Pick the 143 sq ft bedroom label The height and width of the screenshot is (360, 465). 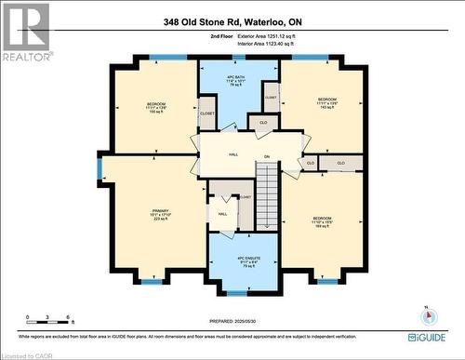point(327,101)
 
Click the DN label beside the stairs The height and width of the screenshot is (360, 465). point(266,156)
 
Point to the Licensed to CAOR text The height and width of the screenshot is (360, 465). point(28,353)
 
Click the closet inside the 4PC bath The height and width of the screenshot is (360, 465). point(270,96)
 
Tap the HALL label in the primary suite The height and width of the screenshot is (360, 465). point(222,213)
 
